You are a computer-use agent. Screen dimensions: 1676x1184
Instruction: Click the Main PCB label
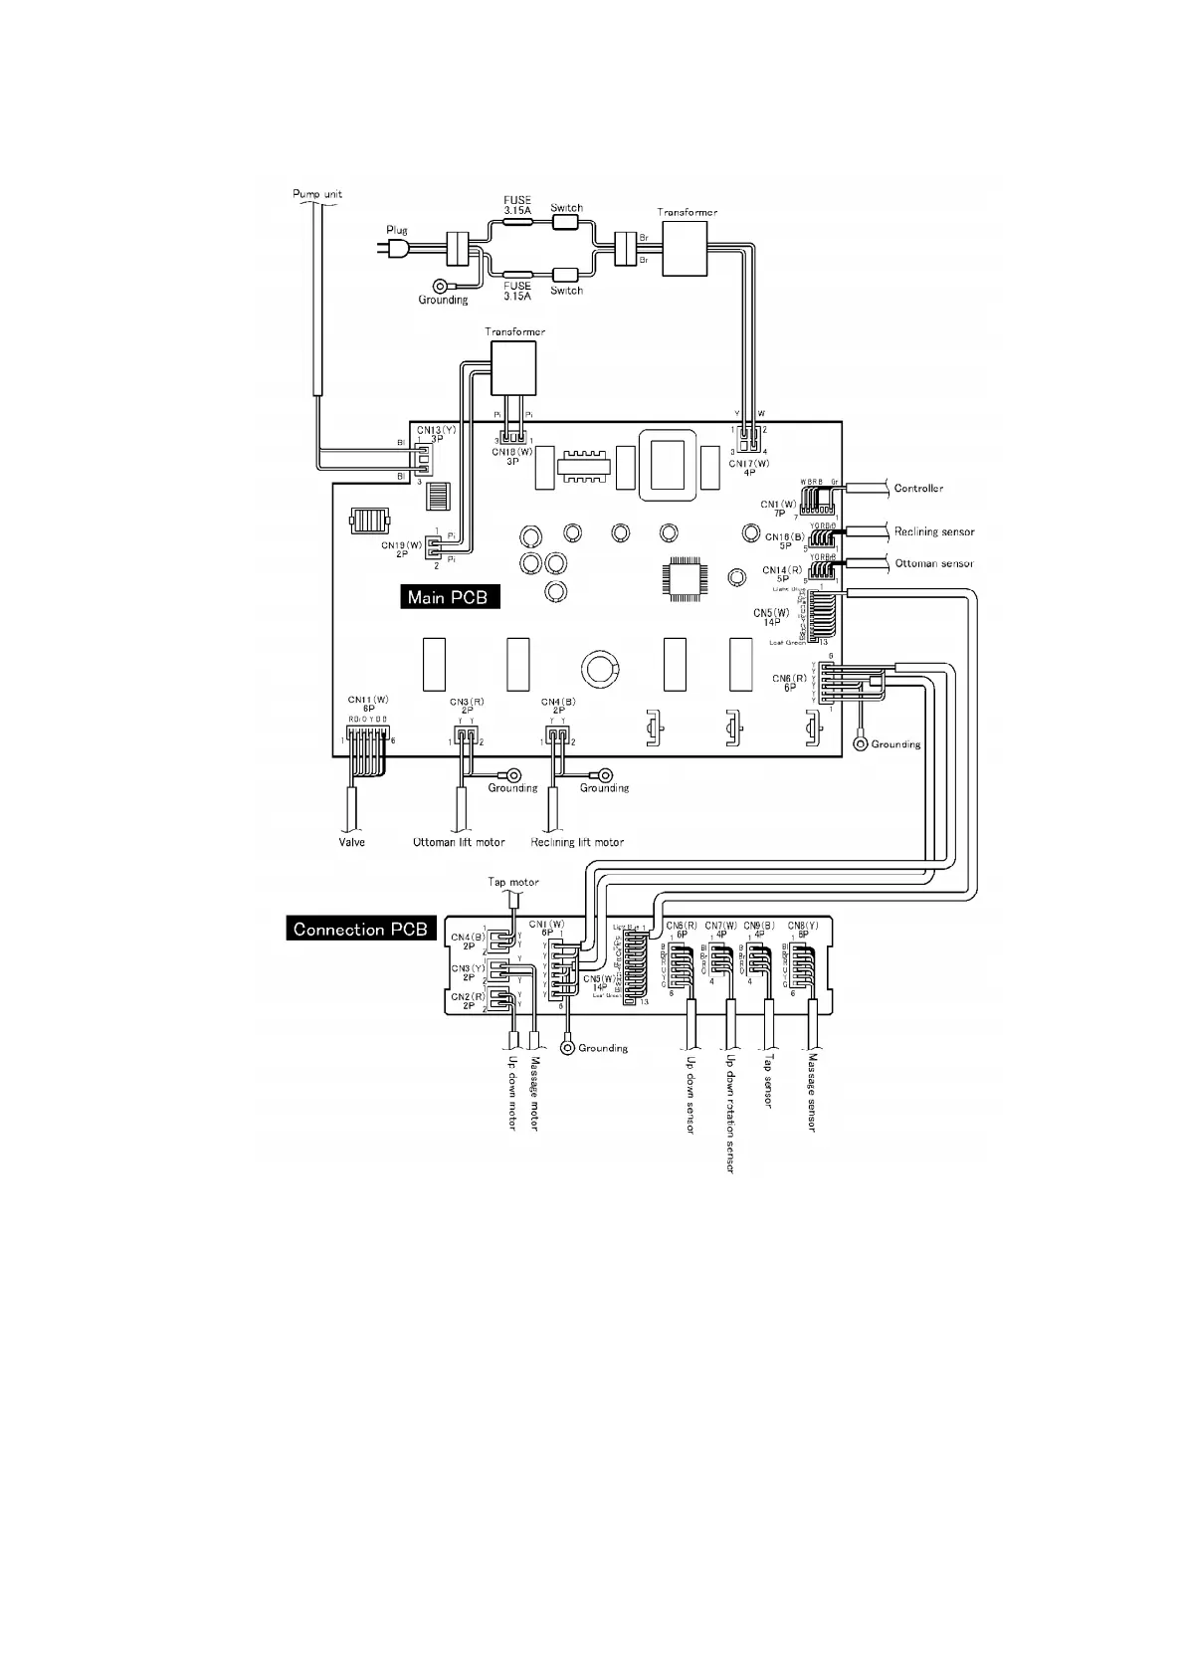(x=450, y=597)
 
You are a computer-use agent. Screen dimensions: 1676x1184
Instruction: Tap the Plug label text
(x=397, y=230)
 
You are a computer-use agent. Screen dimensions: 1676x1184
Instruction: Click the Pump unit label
(x=317, y=193)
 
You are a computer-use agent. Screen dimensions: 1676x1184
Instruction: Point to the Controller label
(x=918, y=489)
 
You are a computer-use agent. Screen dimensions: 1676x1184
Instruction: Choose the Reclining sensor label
(x=934, y=531)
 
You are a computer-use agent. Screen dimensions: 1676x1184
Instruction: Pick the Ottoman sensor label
(x=934, y=563)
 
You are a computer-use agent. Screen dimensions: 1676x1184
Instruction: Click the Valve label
(x=351, y=842)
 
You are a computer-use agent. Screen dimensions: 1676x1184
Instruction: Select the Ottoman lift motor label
(x=459, y=842)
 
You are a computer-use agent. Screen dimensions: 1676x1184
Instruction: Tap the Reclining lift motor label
(x=577, y=842)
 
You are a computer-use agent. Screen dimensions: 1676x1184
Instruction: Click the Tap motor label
(x=513, y=882)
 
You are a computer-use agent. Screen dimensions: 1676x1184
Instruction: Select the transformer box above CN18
(x=512, y=369)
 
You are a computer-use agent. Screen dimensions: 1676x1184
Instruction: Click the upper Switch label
(x=567, y=208)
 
